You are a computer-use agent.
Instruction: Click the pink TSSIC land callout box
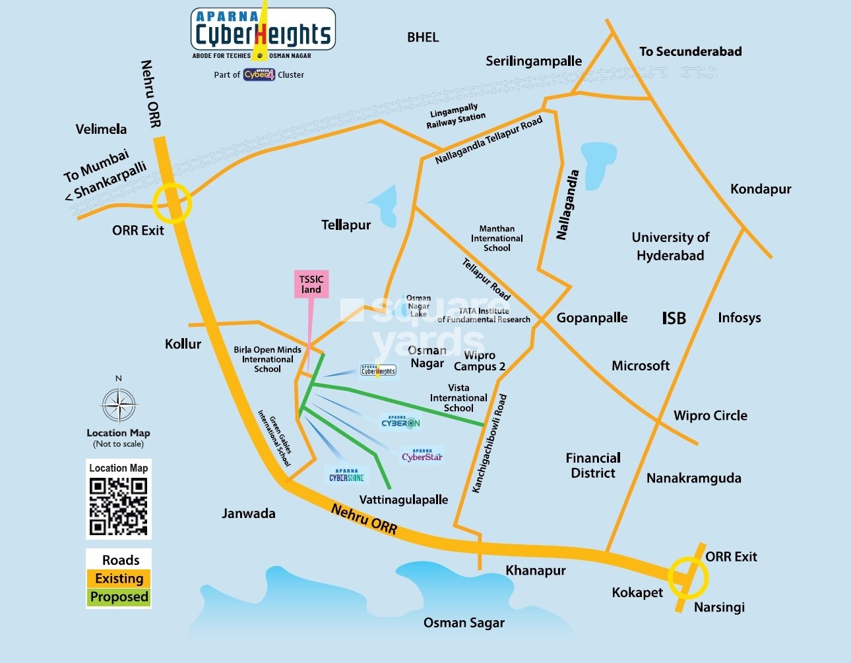[311, 284]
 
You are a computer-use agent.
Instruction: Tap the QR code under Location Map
[119, 506]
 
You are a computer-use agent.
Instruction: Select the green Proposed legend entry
[119, 597]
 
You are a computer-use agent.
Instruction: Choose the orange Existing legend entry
[119, 579]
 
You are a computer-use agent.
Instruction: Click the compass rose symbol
[119, 405]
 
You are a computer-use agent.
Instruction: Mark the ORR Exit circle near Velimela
[172, 204]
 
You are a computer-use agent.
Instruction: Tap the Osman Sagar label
[464, 623]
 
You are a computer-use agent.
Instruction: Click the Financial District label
[593, 465]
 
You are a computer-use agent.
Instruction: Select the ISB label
[674, 318]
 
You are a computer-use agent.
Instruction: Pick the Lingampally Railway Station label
[455, 117]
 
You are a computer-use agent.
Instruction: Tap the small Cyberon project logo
[400, 422]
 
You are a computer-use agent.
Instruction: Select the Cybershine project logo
[347, 476]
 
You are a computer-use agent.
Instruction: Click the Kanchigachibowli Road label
[489, 443]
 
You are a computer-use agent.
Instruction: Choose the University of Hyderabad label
[670, 246]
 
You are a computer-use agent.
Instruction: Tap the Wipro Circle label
[710, 416]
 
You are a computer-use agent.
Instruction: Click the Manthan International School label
[497, 239]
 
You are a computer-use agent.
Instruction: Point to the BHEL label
[423, 38]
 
